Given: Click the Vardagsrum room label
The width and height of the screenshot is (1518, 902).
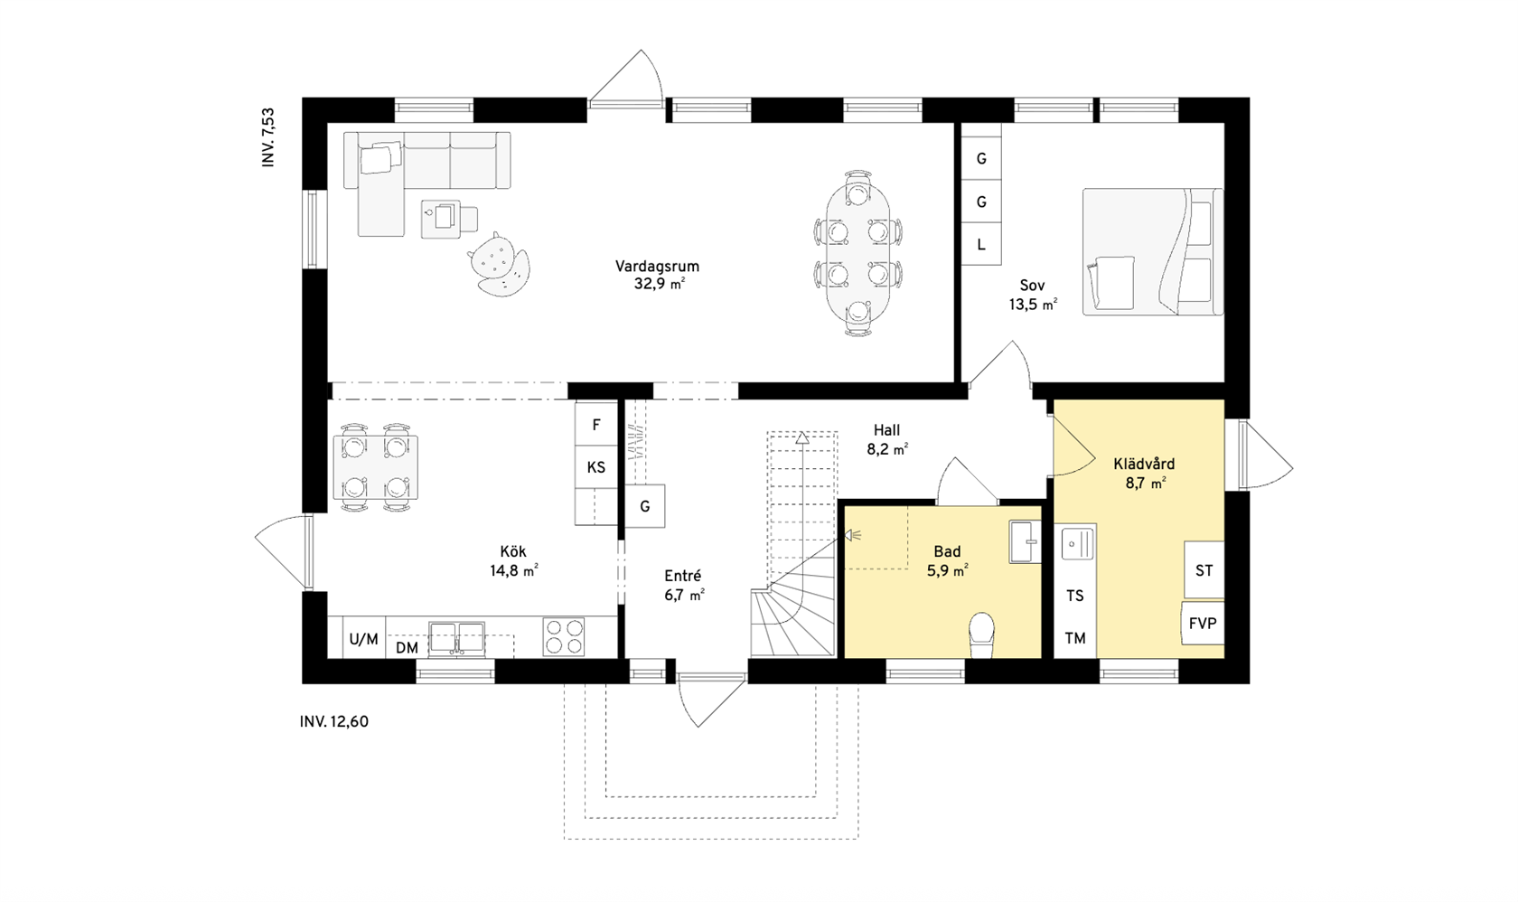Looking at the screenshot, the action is click(657, 267).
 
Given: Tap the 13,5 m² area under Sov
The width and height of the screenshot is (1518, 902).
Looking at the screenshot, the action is click(1033, 305).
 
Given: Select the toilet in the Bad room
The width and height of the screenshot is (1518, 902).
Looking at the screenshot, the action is click(981, 635).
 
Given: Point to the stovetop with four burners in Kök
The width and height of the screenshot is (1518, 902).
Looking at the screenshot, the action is click(563, 636).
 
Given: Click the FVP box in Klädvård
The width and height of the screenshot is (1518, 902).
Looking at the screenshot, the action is click(1203, 623).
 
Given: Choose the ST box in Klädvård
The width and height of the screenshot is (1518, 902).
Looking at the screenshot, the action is click(1204, 570).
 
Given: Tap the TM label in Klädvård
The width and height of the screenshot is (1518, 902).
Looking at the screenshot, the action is click(1075, 638).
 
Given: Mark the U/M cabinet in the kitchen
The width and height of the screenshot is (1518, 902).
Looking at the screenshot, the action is click(364, 638).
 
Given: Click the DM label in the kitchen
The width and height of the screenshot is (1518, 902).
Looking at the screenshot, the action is click(407, 648).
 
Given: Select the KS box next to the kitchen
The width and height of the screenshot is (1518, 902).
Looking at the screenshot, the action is click(596, 467).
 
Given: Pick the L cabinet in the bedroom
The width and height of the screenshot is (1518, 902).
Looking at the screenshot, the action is click(981, 244).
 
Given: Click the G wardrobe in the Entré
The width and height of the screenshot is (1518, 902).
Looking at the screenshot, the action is click(644, 506).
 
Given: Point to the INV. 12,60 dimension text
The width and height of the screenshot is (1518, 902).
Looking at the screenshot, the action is click(334, 722).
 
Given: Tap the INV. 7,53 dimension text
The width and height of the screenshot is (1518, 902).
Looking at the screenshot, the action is click(268, 136).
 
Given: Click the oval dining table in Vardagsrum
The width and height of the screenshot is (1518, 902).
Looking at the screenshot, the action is click(858, 253).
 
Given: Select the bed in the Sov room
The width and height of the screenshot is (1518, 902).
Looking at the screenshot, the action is click(1153, 251).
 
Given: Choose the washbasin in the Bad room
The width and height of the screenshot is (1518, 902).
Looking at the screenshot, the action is click(1026, 541).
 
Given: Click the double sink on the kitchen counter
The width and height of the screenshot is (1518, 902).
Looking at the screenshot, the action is click(457, 637).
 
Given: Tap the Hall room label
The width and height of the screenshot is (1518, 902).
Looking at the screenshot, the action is click(886, 429).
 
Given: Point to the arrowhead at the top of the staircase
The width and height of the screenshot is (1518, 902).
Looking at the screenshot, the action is click(802, 437).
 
